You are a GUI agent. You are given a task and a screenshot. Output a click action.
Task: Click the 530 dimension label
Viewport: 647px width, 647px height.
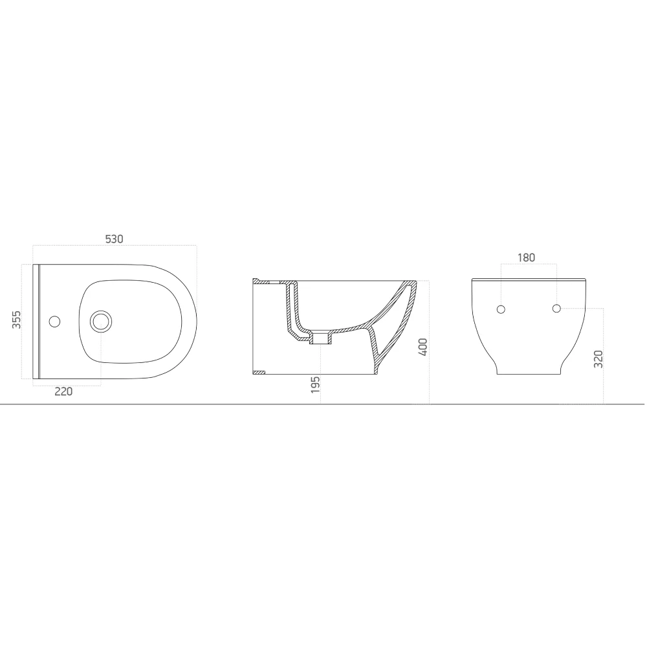[114, 239]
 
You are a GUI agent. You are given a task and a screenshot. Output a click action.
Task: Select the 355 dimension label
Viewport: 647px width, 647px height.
[18, 320]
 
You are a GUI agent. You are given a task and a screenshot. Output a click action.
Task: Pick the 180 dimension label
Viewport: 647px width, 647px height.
[526, 258]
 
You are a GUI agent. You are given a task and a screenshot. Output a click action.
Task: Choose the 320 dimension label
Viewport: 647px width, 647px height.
[598, 359]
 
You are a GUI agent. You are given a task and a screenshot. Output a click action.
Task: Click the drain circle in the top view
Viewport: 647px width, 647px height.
[100, 320]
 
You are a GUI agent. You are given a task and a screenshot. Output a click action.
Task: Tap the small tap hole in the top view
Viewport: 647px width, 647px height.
[55, 320]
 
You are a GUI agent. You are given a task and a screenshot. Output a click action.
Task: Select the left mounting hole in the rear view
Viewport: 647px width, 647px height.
[500, 309]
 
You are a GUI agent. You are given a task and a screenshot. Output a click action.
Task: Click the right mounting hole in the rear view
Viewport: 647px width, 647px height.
[556, 308]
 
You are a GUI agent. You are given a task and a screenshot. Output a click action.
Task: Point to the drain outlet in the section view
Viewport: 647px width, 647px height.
[320, 337]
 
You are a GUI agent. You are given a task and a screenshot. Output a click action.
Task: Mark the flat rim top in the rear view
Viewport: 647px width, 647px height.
[529, 280]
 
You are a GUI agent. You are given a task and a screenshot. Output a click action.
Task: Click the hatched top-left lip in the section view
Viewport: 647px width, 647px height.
[258, 281]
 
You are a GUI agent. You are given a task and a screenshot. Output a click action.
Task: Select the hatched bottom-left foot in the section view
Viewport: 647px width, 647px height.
[259, 372]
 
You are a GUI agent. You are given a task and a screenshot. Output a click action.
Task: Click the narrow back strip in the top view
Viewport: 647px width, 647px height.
[36, 320]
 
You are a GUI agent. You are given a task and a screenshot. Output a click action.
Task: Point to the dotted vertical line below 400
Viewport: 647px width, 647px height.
[429, 388]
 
